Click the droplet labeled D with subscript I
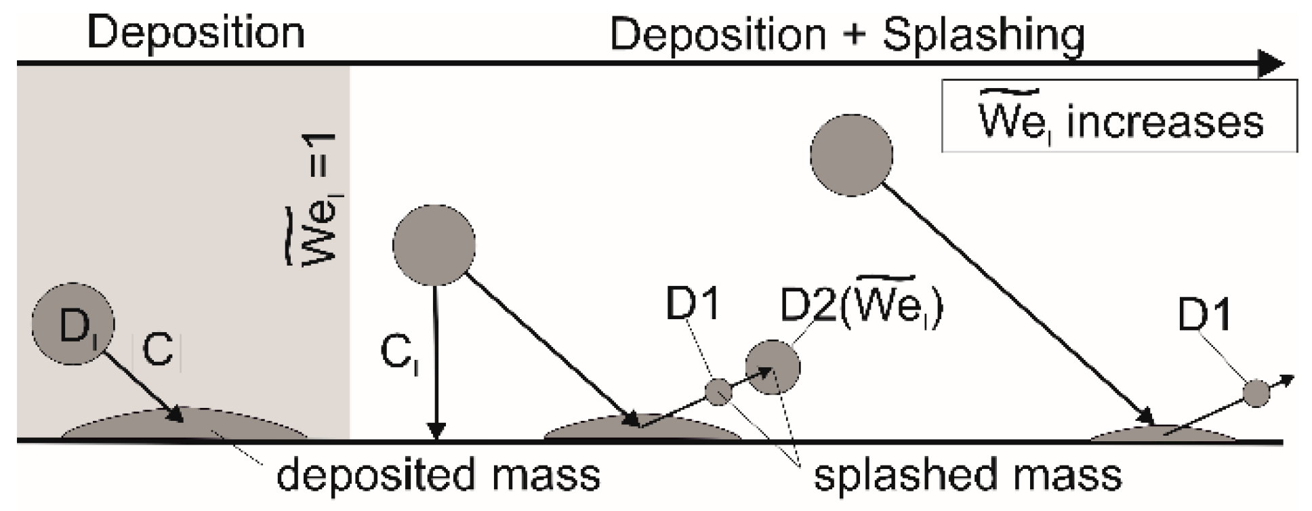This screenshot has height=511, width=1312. tap(73, 325)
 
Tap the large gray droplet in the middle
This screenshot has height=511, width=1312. tap(434, 244)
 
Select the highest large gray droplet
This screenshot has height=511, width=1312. tap(851, 155)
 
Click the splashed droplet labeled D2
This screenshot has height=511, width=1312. tap(773, 367)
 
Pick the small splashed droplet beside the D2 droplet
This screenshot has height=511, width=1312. tap(718, 392)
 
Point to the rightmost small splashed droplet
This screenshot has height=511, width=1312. tap(1256, 393)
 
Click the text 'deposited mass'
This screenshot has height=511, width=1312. tap(438, 475)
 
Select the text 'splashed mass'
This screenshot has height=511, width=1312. tap(967, 475)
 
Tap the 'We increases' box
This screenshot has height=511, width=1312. tap(1119, 116)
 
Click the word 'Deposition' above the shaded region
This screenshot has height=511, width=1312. tap(196, 33)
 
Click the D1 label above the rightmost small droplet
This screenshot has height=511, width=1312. tap(1205, 316)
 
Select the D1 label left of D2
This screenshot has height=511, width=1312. tap(692, 306)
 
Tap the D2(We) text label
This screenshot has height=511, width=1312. tap(861, 306)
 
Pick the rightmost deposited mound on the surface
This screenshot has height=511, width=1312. tap(1162, 434)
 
